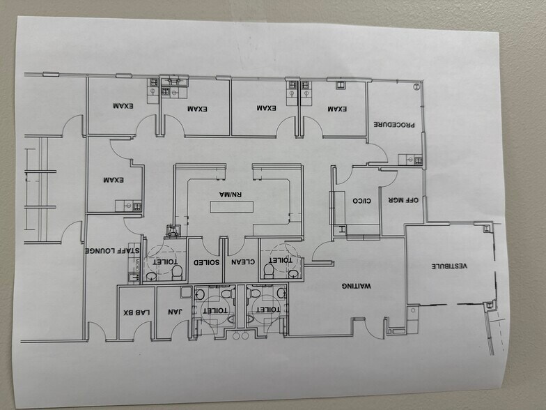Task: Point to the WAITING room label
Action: point(356,286)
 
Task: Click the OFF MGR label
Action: point(403,200)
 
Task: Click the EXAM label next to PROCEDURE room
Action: point(336,109)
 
